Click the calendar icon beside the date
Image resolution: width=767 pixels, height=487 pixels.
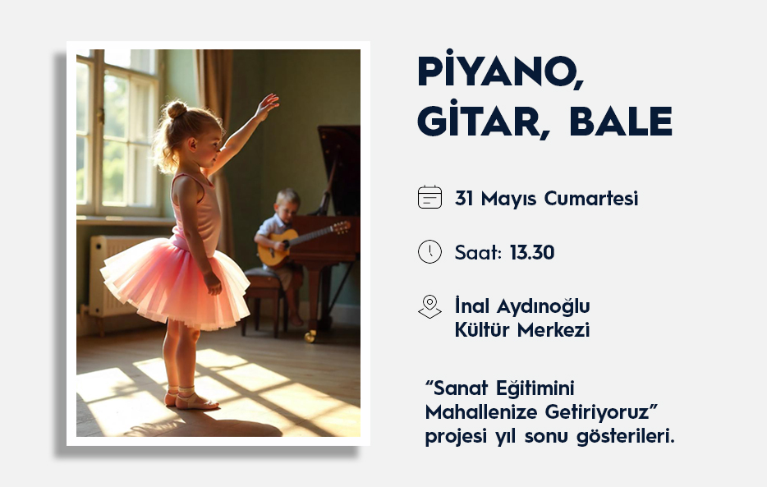coord(429,198)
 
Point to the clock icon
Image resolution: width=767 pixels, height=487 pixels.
coord(429,252)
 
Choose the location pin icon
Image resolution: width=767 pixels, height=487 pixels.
coord(429,306)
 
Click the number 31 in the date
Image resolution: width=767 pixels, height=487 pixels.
coord(464,199)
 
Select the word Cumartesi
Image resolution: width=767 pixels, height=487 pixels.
coord(591,199)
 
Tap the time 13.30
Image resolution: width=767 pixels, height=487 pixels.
coord(531,253)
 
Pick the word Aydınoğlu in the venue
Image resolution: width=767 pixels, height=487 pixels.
coord(543,307)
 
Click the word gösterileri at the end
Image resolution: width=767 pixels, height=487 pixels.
coord(626,437)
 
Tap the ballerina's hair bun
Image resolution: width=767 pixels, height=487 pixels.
coord(177,109)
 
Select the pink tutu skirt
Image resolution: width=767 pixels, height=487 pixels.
coord(175,285)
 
